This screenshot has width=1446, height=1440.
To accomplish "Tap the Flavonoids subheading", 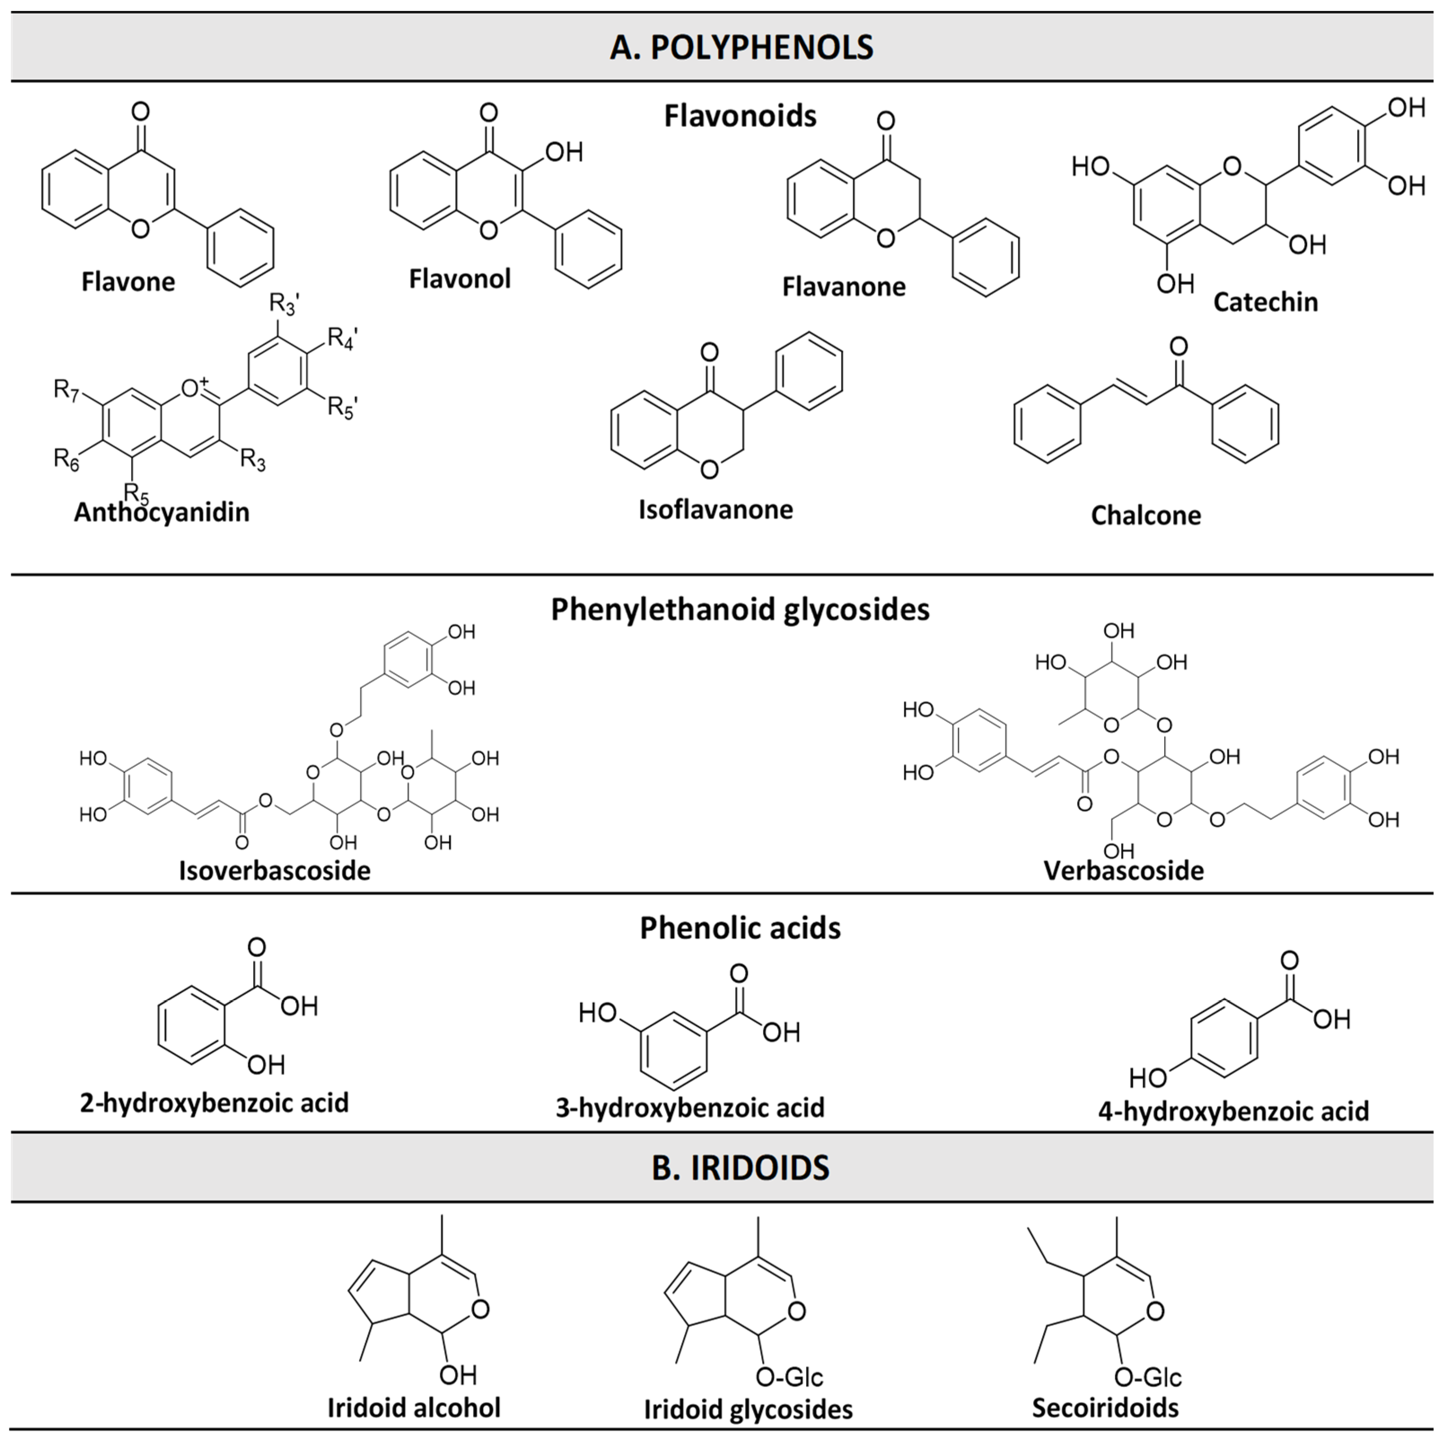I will [740, 116].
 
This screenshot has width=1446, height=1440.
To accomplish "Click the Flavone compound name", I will [128, 282].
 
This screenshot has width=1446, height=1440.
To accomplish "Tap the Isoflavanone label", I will [715, 509].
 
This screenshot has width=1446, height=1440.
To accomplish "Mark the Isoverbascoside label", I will [275, 870].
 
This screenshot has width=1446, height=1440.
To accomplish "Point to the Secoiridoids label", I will [1105, 1408].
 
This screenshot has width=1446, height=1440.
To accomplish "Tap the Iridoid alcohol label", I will [414, 1408].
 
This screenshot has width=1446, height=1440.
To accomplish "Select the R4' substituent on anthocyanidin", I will [342, 338].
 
